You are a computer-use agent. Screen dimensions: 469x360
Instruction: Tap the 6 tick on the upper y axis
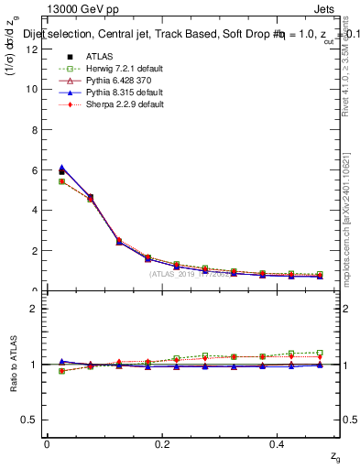(35, 169)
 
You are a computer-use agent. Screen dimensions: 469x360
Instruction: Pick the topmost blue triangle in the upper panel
(61, 168)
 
